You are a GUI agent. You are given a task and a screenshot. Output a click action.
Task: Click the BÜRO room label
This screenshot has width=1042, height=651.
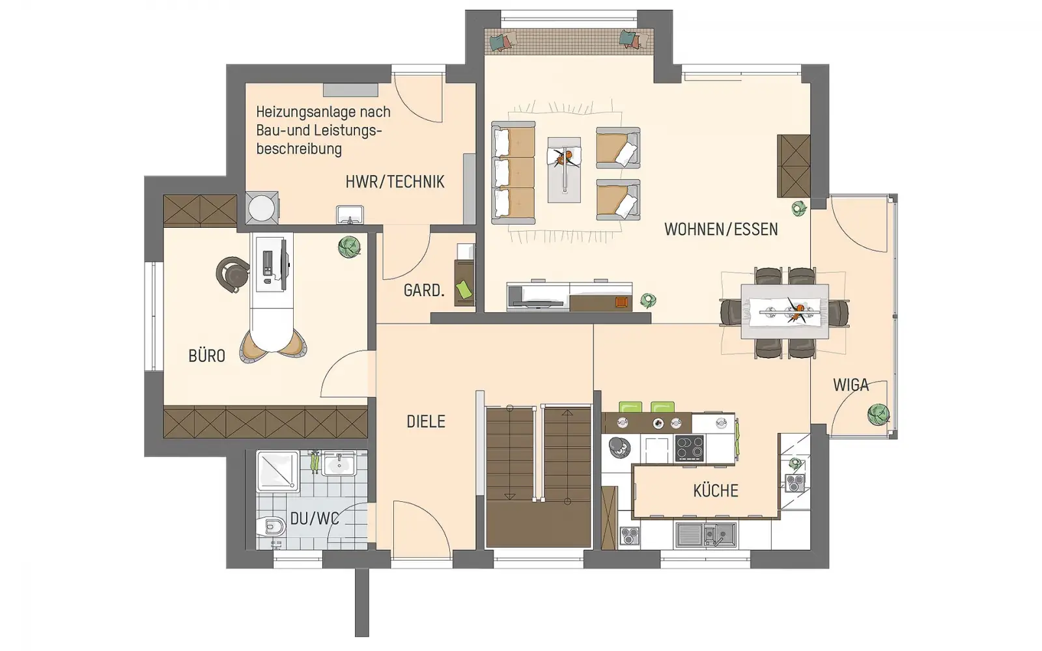(x=206, y=355)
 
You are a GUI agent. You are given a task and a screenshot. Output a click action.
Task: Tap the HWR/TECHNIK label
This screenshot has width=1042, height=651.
(x=395, y=182)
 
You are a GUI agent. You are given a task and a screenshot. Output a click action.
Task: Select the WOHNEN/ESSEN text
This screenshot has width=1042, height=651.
(x=721, y=229)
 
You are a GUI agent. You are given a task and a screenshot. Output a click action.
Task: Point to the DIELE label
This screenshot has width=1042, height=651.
(x=426, y=421)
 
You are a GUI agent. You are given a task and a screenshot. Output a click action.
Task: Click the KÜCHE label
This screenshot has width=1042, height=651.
(x=716, y=490)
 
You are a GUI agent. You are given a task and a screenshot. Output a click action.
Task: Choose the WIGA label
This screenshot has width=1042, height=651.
(x=851, y=385)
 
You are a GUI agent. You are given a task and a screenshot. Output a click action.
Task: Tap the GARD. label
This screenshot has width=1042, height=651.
(x=424, y=290)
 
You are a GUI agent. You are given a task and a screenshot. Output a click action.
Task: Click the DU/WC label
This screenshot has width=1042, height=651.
(x=314, y=519)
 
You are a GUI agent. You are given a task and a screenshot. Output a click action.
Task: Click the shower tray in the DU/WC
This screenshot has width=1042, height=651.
(x=278, y=471)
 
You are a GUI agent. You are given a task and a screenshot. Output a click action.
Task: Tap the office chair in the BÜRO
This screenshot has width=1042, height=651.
(x=232, y=275)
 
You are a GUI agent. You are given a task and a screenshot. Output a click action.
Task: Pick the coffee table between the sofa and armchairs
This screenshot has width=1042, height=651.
(x=564, y=170)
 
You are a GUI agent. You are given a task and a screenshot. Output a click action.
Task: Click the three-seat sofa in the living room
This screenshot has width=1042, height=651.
(x=513, y=173)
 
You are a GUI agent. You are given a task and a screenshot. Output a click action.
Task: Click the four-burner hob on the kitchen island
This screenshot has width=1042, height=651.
(x=690, y=448)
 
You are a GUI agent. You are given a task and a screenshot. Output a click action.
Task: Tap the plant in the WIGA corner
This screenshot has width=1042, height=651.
(x=879, y=414)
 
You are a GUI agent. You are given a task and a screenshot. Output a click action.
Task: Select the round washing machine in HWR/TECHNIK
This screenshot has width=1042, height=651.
(x=261, y=208)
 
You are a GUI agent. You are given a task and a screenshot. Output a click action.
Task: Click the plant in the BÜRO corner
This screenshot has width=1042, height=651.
(x=349, y=247)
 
